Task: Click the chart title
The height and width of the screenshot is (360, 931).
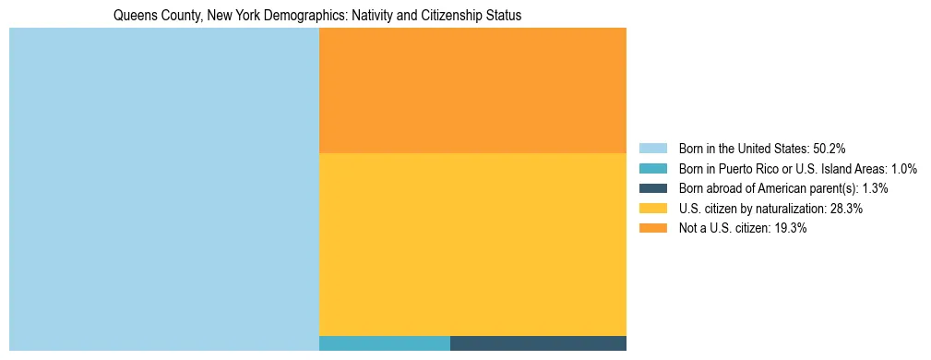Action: tap(316, 16)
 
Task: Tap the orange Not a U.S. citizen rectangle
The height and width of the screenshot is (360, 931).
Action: tap(472, 90)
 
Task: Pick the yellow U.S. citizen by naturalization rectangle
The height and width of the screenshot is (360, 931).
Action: tap(472, 244)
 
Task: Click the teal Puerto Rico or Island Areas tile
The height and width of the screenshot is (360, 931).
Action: tap(384, 343)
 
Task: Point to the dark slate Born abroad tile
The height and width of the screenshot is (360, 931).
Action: tap(538, 343)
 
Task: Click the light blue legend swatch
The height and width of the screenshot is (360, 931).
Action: tap(652, 149)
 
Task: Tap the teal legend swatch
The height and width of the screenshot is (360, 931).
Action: tap(652, 169)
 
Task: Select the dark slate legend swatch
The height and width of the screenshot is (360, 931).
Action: tap(652, 188)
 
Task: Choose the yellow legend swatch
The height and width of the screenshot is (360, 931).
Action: tap(652, 209)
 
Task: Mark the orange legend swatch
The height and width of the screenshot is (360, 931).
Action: tap(652, 229)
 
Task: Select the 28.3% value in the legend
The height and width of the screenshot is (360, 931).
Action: tap(846, 209)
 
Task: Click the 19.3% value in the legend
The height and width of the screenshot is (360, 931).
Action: tap(791, 229)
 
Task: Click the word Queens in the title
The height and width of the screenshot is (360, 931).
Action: tap(133, 16)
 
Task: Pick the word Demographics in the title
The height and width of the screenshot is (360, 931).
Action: tap(307, 16)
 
